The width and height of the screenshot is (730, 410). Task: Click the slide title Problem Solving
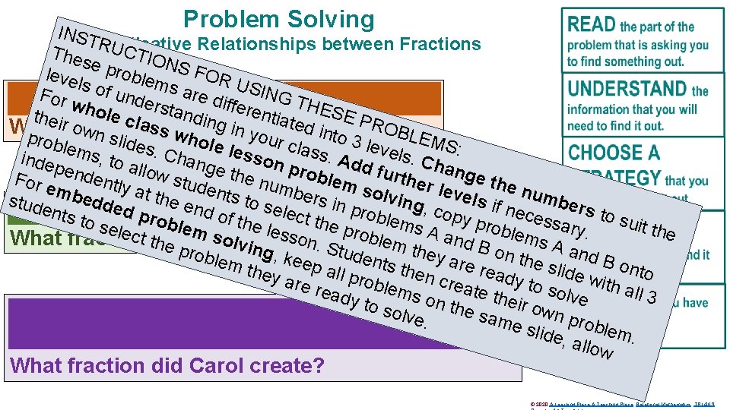(279, 19)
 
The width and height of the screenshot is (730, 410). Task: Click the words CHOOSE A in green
(614, 153)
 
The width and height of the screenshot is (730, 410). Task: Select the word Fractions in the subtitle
(435, 44)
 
